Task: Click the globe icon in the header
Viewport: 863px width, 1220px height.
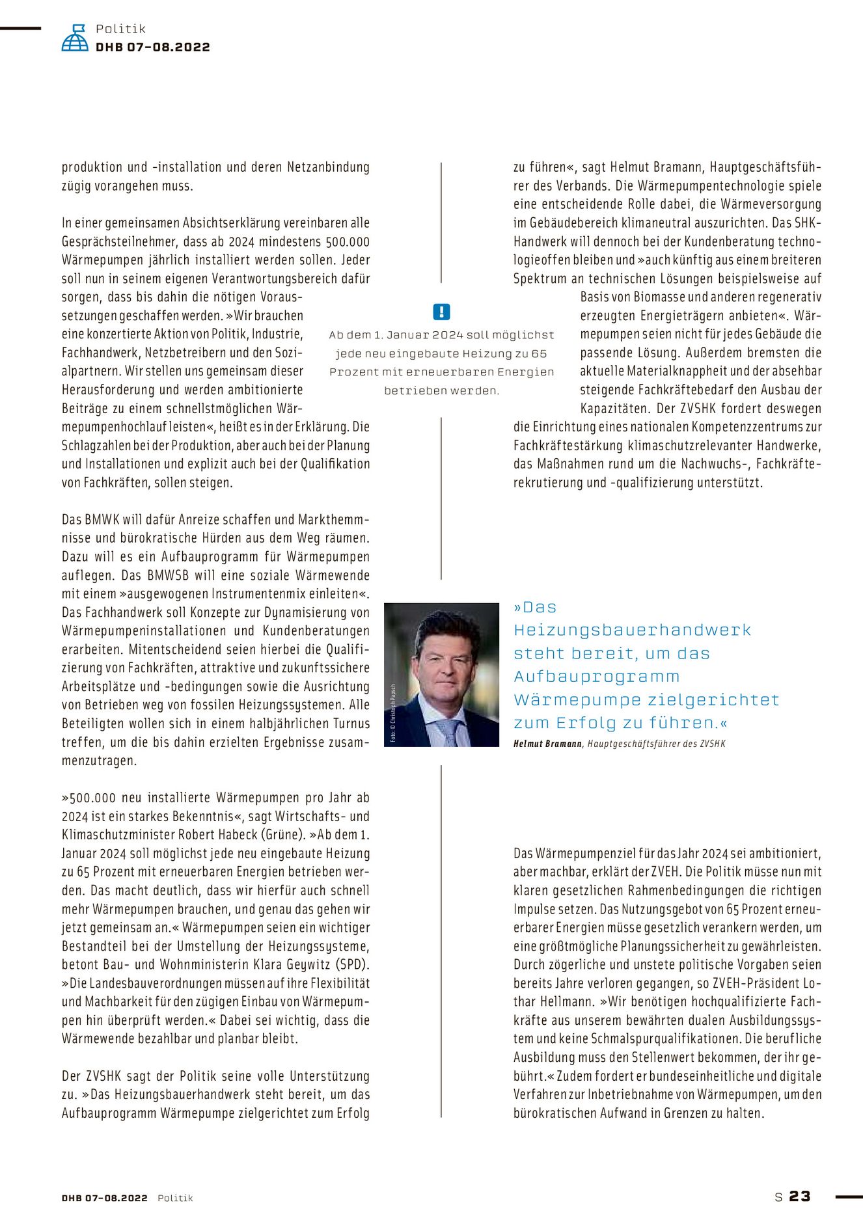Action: (75, 38)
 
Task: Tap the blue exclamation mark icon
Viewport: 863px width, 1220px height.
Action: (441, 312)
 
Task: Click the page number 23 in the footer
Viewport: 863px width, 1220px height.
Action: (800, 1197)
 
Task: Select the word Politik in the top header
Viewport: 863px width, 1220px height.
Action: (120, 29)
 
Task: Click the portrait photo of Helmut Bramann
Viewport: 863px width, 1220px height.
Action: (441, 674)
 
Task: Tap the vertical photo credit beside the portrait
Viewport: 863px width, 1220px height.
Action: (393, 714)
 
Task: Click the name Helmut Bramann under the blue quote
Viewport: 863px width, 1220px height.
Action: (547, 744)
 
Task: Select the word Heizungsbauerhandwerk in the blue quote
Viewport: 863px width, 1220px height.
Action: (632, 630)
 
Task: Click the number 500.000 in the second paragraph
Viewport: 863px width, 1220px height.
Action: (348, 242)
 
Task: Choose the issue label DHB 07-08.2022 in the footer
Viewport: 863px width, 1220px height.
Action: (105, 1198)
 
